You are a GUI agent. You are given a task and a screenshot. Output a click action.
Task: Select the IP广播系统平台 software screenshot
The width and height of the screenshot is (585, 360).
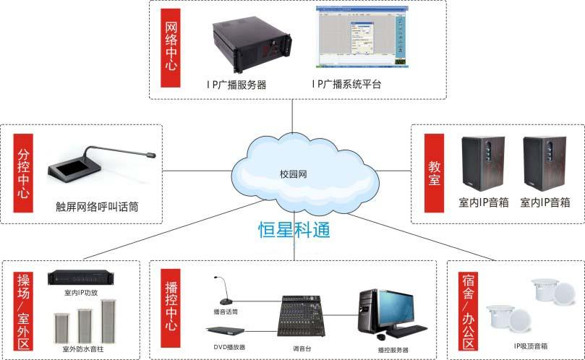(x=361, y=40)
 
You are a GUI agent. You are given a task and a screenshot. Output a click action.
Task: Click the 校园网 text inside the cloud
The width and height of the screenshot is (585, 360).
(x=294, y=174)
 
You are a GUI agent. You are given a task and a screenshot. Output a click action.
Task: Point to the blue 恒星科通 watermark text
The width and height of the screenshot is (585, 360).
(x=295, y=230)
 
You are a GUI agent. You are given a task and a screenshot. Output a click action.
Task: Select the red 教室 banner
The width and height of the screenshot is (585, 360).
(x=434, y=173)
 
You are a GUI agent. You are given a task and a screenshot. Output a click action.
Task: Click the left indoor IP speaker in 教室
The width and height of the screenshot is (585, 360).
(x=479, y=162)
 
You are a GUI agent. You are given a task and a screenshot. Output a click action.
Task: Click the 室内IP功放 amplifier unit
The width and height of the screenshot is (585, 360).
(x=81, y=278)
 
